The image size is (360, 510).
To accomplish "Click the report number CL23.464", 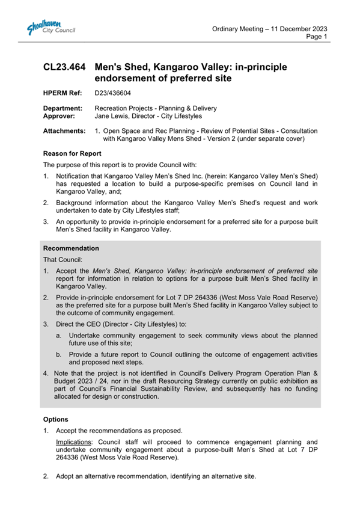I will [x=66, y=67].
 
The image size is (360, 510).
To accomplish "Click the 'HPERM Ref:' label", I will [x=63, y=93].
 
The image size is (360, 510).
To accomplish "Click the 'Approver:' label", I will [x=61, y=117].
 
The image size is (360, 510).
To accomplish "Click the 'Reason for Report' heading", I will [x=75, y=154].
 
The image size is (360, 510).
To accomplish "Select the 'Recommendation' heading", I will [x=71, y=248].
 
